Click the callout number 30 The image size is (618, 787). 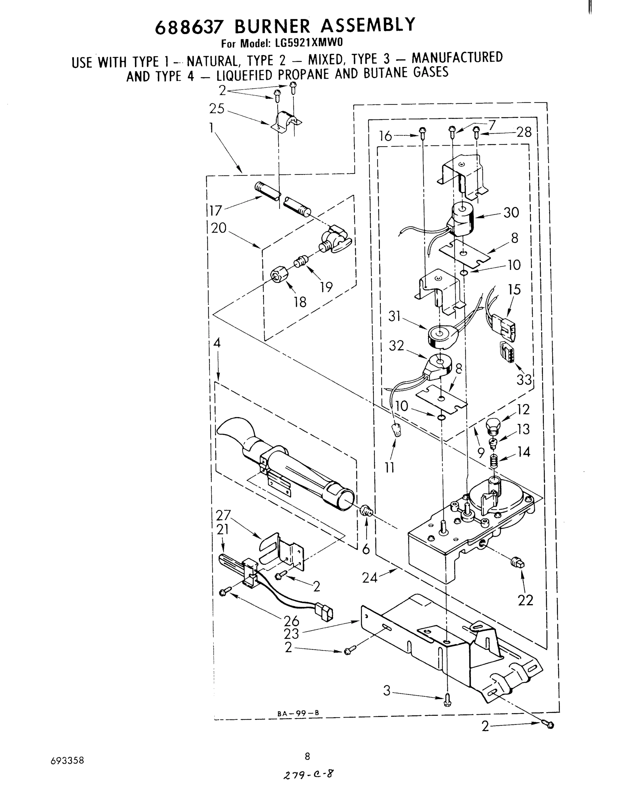(511, 212)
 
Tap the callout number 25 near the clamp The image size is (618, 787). (217, 109)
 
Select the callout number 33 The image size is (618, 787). (524, 380)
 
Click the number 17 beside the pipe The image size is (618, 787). (216, 211)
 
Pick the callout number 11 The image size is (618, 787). (390, 468)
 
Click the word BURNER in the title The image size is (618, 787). (272, 26)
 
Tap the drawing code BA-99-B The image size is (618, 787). (298, 713)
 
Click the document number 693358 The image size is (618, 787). (67, 760)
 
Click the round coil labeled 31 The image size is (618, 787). (441, 336)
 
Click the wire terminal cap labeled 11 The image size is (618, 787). (397, 430)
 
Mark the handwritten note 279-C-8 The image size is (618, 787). (308, 774)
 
